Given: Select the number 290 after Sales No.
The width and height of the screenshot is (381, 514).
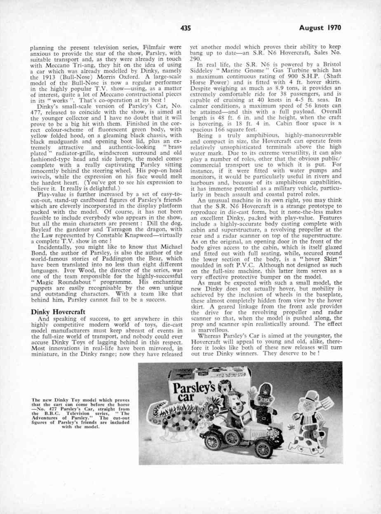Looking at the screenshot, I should [x=194, y=59].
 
